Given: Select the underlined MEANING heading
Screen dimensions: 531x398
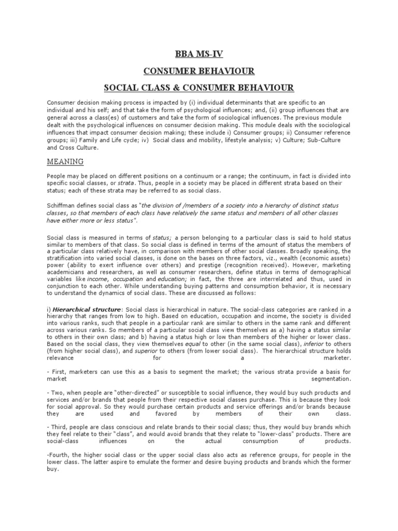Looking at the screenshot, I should coord(65,161).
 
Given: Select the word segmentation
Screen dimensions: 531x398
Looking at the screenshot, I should coord(329,379).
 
